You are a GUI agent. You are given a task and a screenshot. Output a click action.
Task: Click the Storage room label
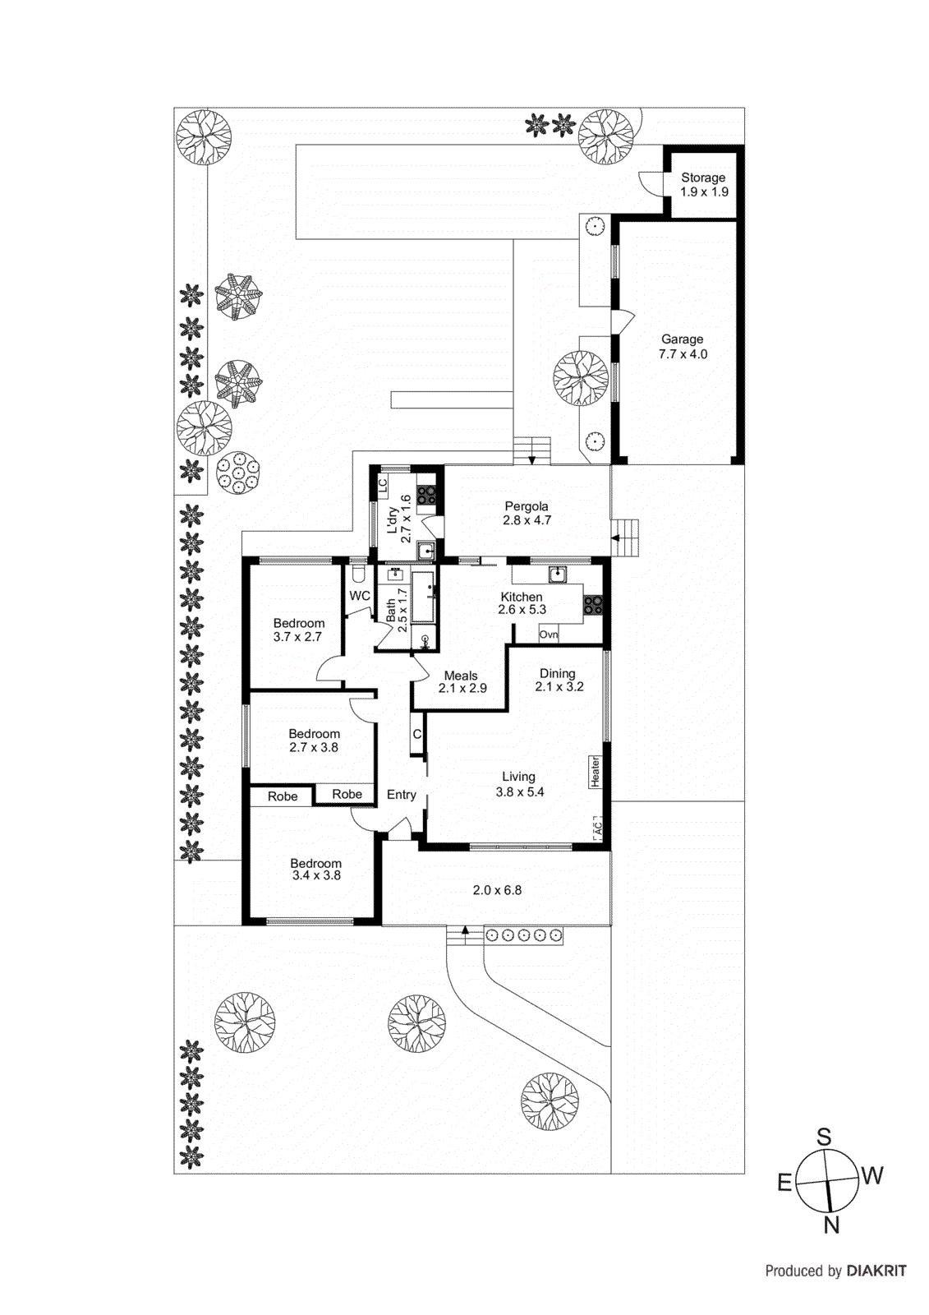coord(703,184)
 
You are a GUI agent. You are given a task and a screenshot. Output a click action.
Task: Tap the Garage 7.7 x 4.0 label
coord(683,346)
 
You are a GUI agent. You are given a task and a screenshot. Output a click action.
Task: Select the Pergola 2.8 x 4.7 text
coord(527,513)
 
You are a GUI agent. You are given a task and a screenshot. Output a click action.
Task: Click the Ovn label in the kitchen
coord(549,634)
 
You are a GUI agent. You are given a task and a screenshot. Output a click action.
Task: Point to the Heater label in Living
coord(596,772)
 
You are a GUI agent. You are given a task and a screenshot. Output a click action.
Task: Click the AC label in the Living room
coord(598,828)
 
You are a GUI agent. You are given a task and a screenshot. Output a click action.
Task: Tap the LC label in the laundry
coord(383,486)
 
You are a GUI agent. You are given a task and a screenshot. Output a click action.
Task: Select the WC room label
coord(360,596)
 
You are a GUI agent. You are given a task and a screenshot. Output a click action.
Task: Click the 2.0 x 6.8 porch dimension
coord(496,889)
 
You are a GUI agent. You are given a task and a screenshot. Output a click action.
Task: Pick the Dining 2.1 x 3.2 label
coord(559,680)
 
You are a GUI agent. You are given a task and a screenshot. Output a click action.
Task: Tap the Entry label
coord(401,795)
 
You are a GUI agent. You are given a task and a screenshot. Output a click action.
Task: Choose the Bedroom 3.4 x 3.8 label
coord(315,869)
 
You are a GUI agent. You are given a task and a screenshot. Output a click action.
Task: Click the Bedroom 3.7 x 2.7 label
coord(298,630)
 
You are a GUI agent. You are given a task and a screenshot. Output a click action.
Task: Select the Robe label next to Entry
coord(347,794)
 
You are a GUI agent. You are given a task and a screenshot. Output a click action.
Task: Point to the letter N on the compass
coord(831,1225)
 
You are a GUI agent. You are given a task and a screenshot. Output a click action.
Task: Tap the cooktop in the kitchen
coord(592,606)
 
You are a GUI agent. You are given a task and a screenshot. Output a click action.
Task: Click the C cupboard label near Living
coord(417,734)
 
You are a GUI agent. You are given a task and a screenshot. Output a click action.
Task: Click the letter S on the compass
coord(823,1137)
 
